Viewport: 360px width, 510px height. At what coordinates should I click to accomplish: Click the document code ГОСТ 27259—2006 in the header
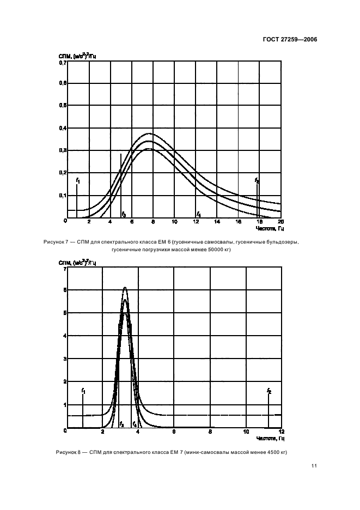pos(291,40)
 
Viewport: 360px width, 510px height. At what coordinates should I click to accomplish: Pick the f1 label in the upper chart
pos(78,180)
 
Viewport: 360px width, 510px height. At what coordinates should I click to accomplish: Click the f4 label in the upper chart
pos(199,214)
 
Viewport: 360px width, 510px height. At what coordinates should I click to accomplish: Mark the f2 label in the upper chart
pos(257,180)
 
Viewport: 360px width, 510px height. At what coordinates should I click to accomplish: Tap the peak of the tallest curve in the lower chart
pos(125,287)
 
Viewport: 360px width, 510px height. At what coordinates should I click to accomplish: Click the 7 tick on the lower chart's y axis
pos(65,269)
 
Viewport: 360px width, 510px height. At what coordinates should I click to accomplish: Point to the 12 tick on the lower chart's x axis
pos(281,433)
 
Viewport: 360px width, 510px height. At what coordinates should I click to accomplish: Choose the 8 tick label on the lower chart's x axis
pos(210,433)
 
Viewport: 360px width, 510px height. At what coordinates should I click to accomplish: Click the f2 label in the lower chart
pos(269,391)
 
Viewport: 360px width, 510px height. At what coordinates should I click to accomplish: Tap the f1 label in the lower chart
pos(83,391)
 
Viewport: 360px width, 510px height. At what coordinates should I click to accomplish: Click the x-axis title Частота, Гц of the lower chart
pos(273,439)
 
